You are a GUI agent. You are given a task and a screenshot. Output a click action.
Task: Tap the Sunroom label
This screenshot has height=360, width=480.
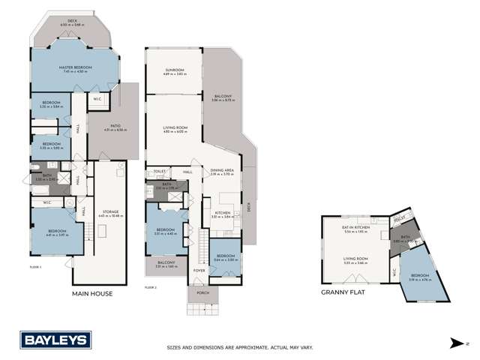[x=174, y=70]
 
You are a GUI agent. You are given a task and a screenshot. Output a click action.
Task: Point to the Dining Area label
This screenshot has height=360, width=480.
[x=222, y=171]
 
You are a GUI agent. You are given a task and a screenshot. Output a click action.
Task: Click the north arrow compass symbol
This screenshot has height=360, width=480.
[x=457, y=343]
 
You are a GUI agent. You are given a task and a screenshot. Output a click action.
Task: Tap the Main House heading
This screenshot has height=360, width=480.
[x=92, y=293]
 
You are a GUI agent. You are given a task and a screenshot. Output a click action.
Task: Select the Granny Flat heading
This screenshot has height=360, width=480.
[x=343, y=293]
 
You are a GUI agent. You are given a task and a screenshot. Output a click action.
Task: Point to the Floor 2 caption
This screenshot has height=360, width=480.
[x=150, y=287]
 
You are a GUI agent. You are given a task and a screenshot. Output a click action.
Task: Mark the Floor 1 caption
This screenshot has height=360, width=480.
[x=35, y=266]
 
